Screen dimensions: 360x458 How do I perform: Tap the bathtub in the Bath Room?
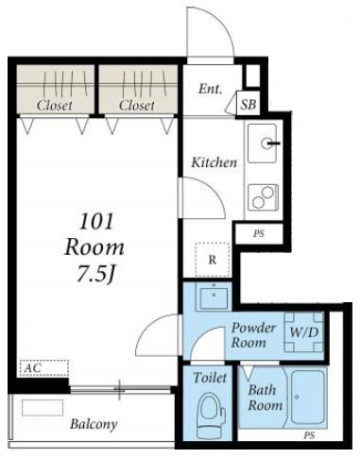[x=307, y=398]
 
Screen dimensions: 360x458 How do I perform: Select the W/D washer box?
[x=304, y=331]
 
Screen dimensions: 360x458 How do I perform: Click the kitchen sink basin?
[x=263, y=144]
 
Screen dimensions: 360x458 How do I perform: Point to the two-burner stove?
[x=263, y=197]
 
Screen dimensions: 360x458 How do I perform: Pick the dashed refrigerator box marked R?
[x=213, y=260]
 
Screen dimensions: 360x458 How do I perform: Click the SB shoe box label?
[x=249, y=104]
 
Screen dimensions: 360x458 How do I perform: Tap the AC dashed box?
[x=44, y=367]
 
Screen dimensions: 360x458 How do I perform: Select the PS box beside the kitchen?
[x=259, y=234]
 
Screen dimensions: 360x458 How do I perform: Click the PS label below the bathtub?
[x=309, y=435]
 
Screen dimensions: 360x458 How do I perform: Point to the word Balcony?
[x=94, y=424]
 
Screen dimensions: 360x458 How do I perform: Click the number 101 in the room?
[x=96, y=221]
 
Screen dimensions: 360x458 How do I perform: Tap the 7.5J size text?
[x=95, y=274]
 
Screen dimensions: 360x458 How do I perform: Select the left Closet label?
[x=55, y=105]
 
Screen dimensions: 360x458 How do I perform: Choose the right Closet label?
[x=137, y=105]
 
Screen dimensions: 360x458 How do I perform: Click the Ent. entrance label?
[x=211, y=89]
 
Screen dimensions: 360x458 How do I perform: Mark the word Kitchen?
[x=214, y=162]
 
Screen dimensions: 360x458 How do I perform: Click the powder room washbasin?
[x=214, y=297]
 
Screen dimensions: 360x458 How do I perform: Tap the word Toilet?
[x=210, y=378]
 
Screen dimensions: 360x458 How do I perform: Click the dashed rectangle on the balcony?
[x=43, y=408]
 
